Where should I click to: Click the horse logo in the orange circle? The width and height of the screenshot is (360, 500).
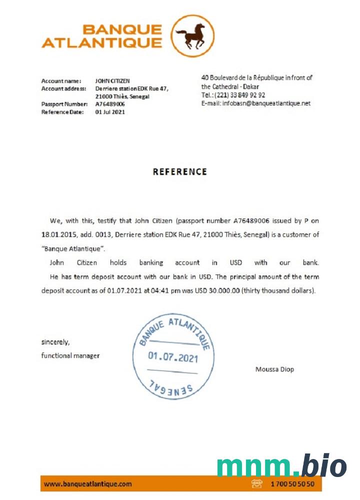click(x=192, y=36)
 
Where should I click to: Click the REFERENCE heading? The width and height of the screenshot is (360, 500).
click(x=179, y=171)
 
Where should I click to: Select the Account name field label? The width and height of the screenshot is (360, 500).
click(x=61, y=80)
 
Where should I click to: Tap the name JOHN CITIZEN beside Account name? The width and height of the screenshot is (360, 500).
click(x=112, y=80)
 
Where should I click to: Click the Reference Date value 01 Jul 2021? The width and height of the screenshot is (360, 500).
click(x=110, y=112)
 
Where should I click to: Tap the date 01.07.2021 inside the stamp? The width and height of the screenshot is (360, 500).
click(x=173, y=358)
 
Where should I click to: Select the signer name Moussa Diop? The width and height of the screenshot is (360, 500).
click(x=274, y=369)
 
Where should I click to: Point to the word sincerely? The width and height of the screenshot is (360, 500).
click(x=55, y=342)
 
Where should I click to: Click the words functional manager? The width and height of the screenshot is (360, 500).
click(x=70, y=355)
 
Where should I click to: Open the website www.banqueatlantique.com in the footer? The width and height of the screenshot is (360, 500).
click(x=88, y=484)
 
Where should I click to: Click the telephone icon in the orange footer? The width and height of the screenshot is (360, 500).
click(x=257, y=484)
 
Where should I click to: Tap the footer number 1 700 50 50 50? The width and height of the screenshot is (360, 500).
click(x=292, y=484)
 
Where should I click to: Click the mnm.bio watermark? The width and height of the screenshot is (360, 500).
click(x=281, y=466)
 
